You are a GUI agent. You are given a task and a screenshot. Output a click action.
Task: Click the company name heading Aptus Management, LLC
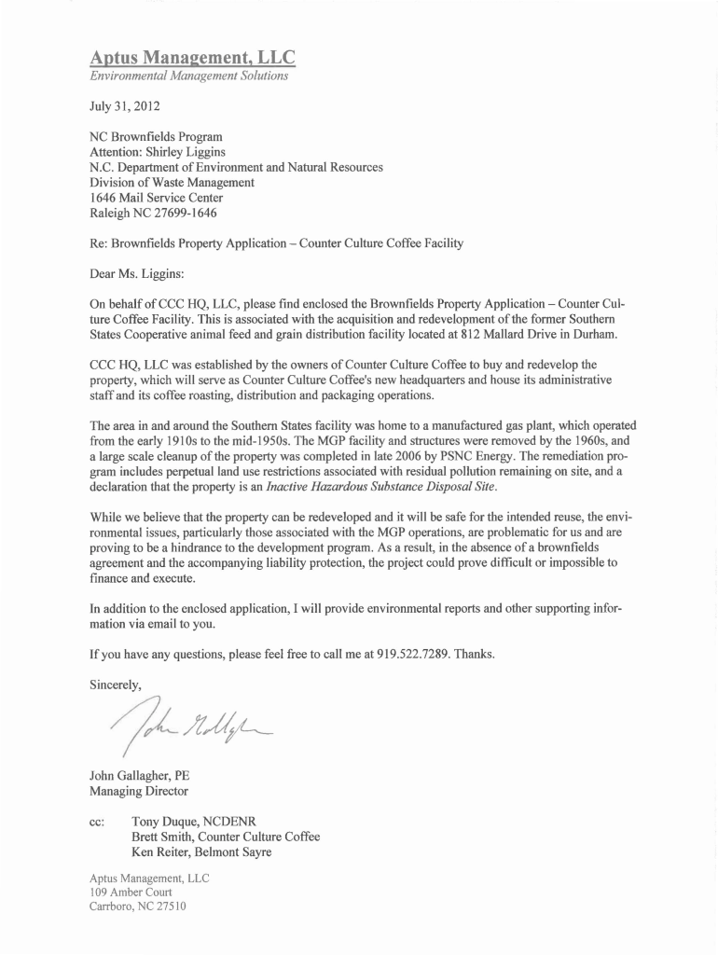[x=192, y=58]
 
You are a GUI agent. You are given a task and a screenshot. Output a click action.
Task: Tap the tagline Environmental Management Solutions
[x=188, y=76]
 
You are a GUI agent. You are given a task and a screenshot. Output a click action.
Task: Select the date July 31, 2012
[x=117, y=106]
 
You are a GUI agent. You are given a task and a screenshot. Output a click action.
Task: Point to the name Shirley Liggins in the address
[x=192, y=152]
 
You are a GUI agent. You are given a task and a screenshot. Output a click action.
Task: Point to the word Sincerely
[x=115, y=685]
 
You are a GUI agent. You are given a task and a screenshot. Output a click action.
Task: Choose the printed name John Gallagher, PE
[x=139, y=775]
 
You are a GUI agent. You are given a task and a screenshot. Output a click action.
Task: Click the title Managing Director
[x=138, y=791]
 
